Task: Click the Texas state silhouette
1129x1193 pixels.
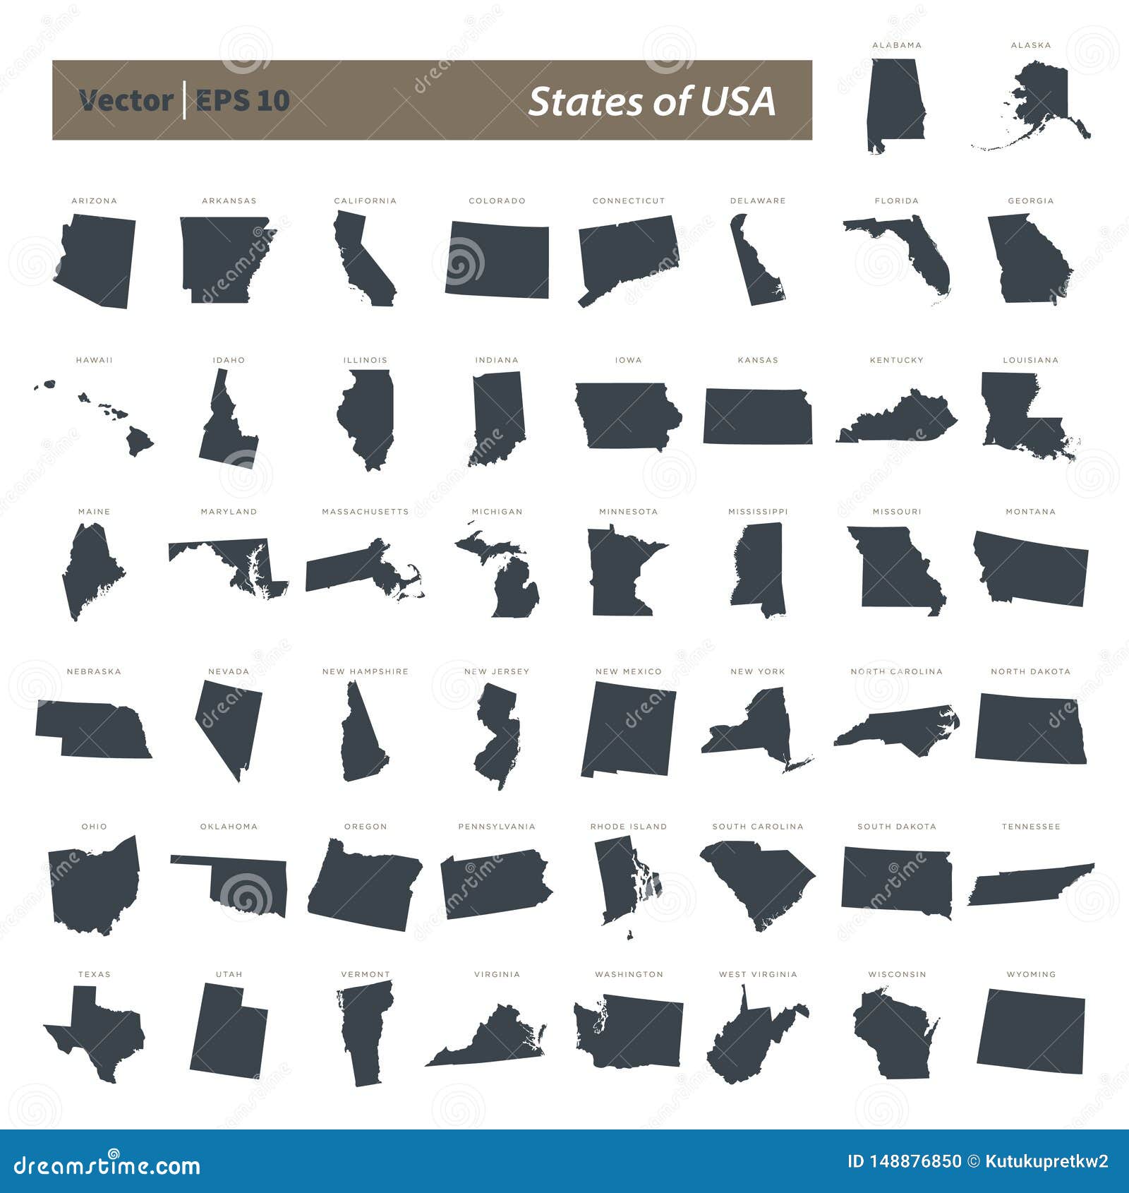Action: coord(99,1034)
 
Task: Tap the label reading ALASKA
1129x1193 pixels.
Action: coord(1031,45)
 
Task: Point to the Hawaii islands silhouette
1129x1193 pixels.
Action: coord(138,442)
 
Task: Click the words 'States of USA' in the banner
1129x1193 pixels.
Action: coord(652,101)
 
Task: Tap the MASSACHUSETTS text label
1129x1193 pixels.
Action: coord(365,512)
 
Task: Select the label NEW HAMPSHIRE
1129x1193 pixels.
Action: coord(365,671)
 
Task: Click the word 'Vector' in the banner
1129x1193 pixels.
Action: coord(126,101)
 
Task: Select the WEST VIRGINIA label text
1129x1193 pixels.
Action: coord(758,974)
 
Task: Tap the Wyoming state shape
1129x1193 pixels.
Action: coord(1031,1031)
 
